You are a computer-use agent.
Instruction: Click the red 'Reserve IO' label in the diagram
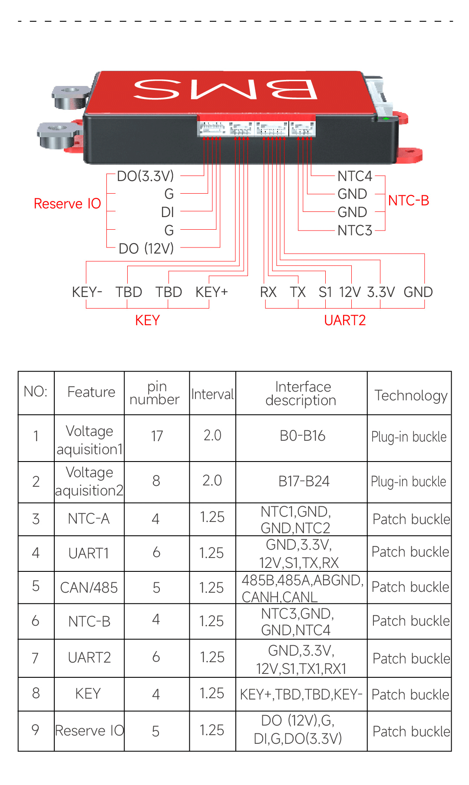click(x=67, y=203)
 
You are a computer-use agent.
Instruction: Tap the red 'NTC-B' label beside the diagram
click(x=408, y=201)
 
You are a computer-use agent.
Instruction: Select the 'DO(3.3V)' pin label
click(x=145, y=176)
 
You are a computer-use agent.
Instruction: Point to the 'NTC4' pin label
click(x=355, y=176)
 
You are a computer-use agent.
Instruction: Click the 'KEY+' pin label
click(x=211, y=292)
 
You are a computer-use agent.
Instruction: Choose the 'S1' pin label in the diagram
click(x=325, y=292)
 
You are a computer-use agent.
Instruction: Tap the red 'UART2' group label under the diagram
click(x=345, y=320)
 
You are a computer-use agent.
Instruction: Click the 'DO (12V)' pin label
click(x=146, y=248)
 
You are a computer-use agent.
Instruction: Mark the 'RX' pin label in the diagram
click(x=268, y=292)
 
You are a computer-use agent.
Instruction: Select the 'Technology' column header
click(x=410, y=395)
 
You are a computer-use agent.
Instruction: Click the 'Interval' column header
click(x=212, y=394)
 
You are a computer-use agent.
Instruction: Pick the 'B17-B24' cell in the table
click(x=304, y=481)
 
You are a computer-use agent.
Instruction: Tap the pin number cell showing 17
click(x=157, y=436)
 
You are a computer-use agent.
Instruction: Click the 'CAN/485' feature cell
click(x=89, y=587)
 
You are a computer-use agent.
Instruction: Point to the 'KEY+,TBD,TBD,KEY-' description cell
click(x=301, y=694)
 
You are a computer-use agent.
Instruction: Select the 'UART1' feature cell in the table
click(x=89, y=553)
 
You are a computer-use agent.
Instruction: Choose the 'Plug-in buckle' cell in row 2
click(x=409, y=482)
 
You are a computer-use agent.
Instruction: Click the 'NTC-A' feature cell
click(x=89, y=518)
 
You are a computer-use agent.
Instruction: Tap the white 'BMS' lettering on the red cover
click(x=225, y=89)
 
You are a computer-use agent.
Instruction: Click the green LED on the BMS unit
click(x=386, y=118)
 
